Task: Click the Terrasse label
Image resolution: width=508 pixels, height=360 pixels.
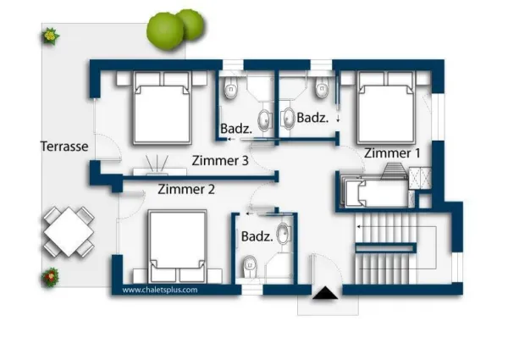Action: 64,147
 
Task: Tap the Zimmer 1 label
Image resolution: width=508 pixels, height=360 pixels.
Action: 392,153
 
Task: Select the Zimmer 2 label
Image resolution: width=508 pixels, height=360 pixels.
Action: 186,189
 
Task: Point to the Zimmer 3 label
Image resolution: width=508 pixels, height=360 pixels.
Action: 220,161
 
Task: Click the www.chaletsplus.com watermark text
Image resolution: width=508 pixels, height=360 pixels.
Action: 160,290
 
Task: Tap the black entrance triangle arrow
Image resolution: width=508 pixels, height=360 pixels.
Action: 325,293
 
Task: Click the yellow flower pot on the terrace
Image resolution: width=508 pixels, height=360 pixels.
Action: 50,36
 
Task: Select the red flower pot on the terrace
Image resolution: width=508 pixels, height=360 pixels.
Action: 50,277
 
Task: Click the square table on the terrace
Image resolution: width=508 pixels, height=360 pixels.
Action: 69,232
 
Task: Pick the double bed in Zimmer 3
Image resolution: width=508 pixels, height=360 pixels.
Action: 162,108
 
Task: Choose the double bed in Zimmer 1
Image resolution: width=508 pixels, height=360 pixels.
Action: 386,108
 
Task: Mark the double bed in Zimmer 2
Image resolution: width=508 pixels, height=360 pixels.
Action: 178,246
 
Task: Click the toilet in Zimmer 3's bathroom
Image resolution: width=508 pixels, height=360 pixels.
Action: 230,87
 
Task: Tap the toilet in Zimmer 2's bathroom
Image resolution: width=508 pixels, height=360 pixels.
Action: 250,268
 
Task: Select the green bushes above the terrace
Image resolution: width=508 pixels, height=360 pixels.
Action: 175,29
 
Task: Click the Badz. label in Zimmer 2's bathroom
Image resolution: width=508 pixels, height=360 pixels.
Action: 257,236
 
